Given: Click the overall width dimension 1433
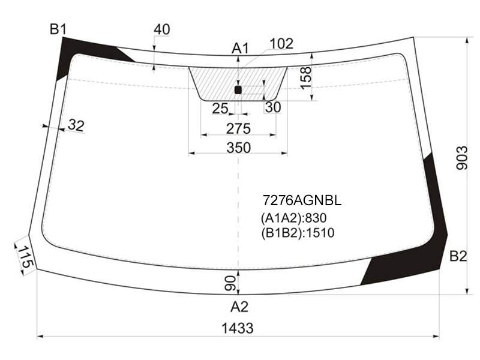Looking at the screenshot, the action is pyautogui.click(x=237, y=328).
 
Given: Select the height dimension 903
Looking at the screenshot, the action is pyautogui.click(x=462, y=158).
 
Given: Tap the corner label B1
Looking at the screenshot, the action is pyautogui.click(x=58, y=29).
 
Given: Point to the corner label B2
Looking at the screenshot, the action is pyautogui.click(x=458, y=256).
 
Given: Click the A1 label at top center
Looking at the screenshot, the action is pyautogui.click(x=241, y=49).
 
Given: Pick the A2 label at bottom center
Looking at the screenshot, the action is pyautogui.click(x=239, y=307).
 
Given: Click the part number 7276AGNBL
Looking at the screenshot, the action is pyautogui.click(x=302, y=201).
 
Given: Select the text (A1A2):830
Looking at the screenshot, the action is pyautogui.click(x=293, y=218).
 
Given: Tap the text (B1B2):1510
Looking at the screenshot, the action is pyautogui.click(x=298, y=233).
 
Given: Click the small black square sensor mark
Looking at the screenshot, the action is pyautogui.click(x=238, y=90).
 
